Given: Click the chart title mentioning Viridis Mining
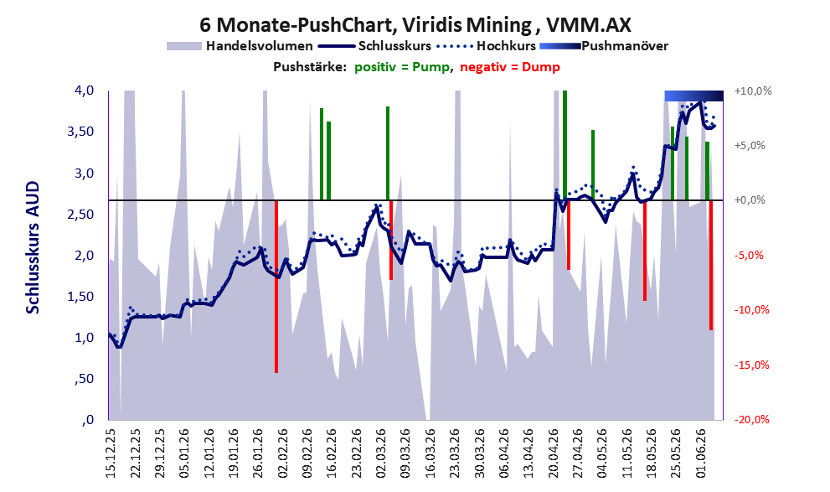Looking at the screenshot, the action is (x=415, y=25).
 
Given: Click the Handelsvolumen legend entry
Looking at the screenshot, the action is (x=240, y=46).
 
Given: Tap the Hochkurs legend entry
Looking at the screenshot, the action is (x=486, y=46).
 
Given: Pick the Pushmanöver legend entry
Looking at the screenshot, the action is (x=604, y=46).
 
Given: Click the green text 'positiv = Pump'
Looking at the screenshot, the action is (x=401, y=67).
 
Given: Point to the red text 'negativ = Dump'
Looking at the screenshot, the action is (x=510, y=67).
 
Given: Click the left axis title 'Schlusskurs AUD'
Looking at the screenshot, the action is (x=33, y=247).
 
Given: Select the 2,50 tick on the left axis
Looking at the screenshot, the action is (x=80, y=214).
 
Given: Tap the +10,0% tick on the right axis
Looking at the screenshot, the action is (x=753, y=91).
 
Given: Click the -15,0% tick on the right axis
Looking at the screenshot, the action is (x=751, y=365).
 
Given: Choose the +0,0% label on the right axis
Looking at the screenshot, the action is (x=750, y=200).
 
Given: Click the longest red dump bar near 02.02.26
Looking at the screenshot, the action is (x=276, y=287).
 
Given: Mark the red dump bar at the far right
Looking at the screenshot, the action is (x=711, y=266).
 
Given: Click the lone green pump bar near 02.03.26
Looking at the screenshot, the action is (x=388, y=153).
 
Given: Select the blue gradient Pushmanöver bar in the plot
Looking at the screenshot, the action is (x=694, y=96).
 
